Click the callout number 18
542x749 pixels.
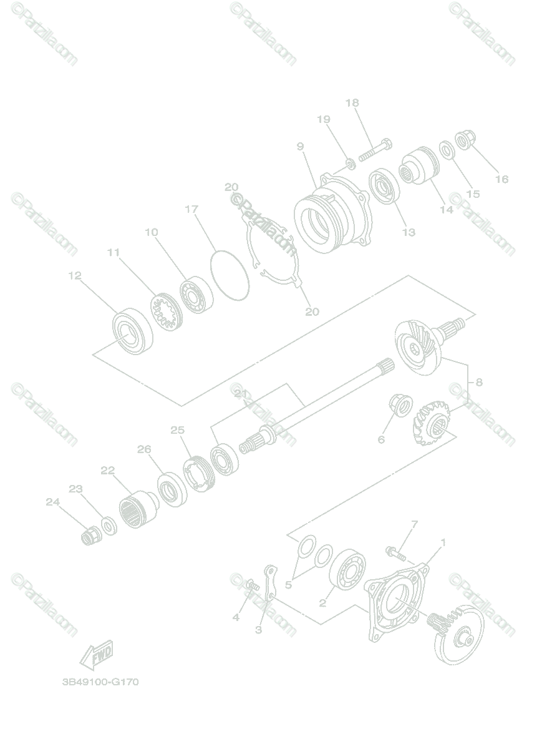pyautogui.click(x=352, y=103)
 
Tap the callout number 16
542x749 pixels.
pyautogui.click(x=501, y=179)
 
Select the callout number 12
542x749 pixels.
pyautogui.click(x=75, y=275)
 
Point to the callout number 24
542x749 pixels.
pyautogui.click(x=52, y=501)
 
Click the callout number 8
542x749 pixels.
pyautogui.click(x=479, y=382)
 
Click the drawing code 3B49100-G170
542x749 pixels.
pyautogui.click(x=100, y=682)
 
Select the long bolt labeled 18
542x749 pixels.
pyautogui.click(x=374, y=149)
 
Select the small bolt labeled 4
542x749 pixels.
pyautogui.click(x=251, y=585)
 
